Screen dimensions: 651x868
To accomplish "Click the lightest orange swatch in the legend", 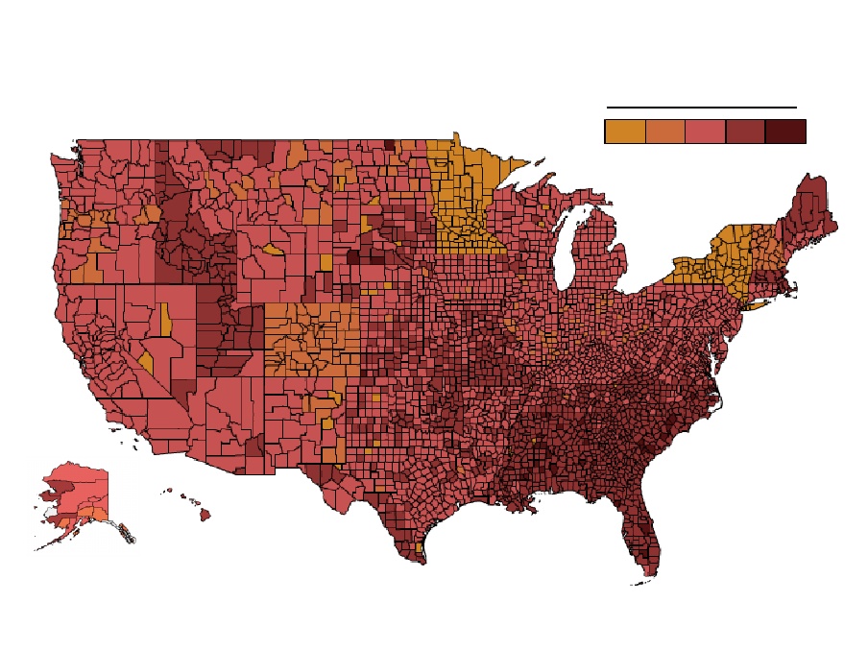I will pos(625,132).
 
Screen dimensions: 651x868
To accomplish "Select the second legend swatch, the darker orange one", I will pos(665,132).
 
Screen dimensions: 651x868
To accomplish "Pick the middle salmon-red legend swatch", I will pos(706,132).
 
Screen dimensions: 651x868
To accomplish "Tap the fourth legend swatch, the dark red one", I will pos(746,132).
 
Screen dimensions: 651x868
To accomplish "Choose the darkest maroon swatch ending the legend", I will pos(785,132).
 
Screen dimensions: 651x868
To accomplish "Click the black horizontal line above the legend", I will pos(702,108).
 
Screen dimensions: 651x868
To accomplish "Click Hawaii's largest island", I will pos(205,515).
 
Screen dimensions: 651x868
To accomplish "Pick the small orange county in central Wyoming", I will pos(272,251).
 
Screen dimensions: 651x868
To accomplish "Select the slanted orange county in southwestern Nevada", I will pos(146,362).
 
